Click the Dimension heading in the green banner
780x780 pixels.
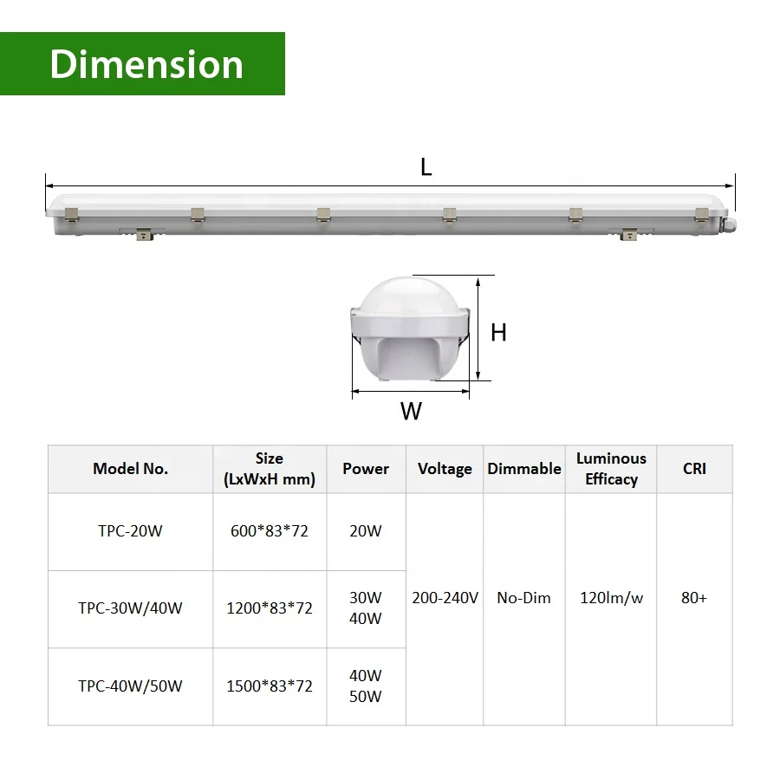point(146,65)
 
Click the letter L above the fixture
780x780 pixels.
point(426,168)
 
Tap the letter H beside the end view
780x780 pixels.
point(498,332)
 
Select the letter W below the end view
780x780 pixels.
point(411,412)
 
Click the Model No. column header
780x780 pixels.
point(130,469)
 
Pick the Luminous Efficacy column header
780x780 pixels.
point(611,469)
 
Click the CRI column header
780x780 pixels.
point(694,469)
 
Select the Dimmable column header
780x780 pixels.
point(524,469)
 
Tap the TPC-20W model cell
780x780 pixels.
point(130,531)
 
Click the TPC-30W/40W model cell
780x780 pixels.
point(130,608)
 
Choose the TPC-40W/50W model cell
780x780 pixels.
point(130,686)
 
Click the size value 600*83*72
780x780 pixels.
point(270,531)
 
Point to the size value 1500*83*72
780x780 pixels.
point(270,686)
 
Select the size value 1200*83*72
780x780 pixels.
point(270,608)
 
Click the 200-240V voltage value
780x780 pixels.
point(445,598)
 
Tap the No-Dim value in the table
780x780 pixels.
point(524,598)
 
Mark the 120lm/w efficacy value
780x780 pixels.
point(611,598)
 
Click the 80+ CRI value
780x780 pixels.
point(694,598)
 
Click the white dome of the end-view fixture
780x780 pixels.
point(410,299)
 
